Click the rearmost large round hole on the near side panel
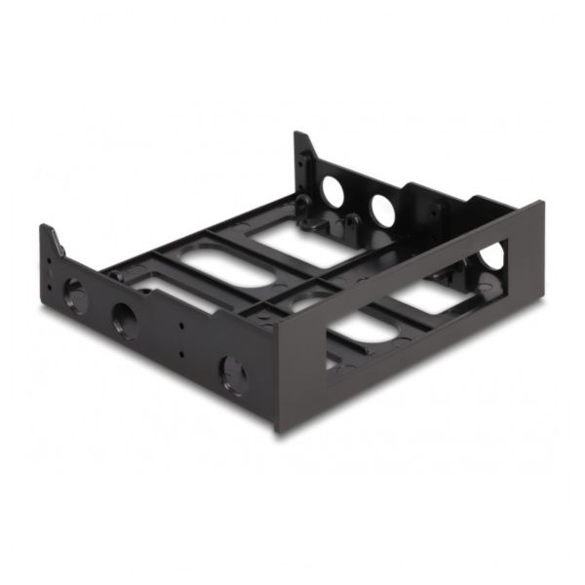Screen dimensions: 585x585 click(x=73, y=294)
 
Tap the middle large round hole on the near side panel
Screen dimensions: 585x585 click(x=126, y=320)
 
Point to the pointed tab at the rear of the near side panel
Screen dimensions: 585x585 click(x=50, y=240)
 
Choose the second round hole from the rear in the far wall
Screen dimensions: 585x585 click(x=381, y=210)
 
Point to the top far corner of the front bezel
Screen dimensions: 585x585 click(x=542, y=203)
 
